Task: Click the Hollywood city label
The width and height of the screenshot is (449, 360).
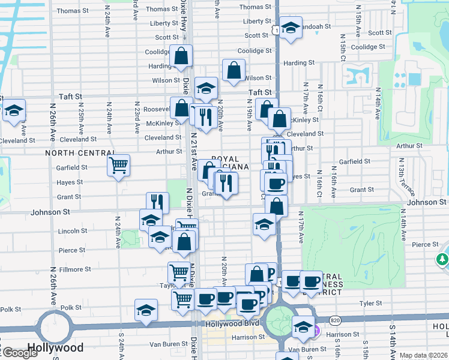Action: click(x=55, y=347)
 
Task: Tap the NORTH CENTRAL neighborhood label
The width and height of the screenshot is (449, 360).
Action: click(x=80, y=154)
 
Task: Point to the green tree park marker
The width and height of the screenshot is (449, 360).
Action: click(x=442, y=259)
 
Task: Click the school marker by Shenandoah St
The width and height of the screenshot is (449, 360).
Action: click(x=291, y=28)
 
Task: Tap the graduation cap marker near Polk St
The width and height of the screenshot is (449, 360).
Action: click(x=146, y=310)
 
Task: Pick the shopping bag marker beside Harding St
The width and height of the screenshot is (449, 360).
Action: click(x=181, y=57)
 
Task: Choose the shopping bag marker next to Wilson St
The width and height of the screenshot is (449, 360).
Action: click(x=234, y=71)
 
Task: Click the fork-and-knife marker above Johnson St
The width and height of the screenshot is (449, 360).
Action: click(x=157, y=202)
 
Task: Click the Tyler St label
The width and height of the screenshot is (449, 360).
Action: click(x=370, y=304)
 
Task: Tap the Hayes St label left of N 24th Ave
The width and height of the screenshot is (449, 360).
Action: click(x=70, y=182)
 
